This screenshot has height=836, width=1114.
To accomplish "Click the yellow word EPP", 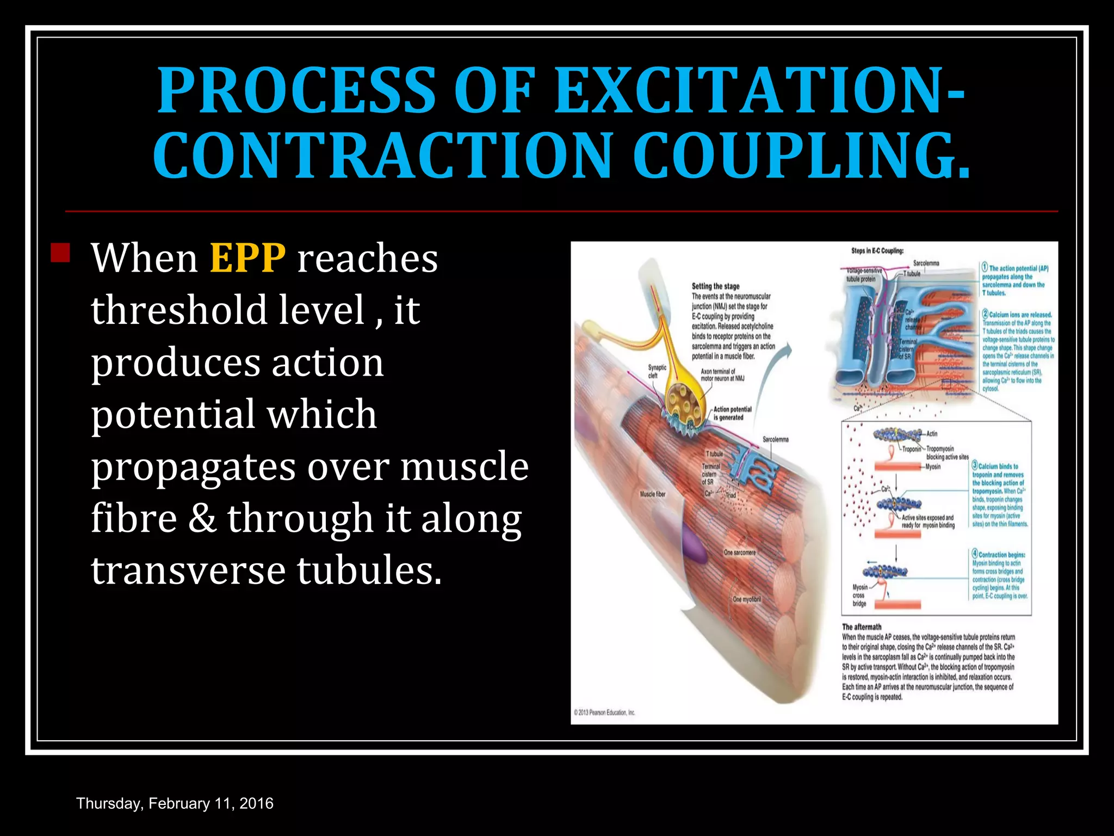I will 247,258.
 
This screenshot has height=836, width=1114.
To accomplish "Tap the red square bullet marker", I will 60,253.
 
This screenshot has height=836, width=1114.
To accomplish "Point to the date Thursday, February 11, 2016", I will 175,803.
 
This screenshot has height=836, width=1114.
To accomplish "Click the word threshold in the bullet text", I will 179,310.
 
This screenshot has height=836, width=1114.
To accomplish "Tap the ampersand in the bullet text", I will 202,518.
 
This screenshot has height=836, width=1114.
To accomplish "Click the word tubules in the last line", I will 369,570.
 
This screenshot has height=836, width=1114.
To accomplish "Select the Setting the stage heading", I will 715,286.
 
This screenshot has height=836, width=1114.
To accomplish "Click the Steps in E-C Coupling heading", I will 877,251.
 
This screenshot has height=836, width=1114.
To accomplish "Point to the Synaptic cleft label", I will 657,371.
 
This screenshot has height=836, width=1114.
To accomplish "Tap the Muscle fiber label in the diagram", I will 652,494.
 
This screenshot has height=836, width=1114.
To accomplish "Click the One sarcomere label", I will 739,552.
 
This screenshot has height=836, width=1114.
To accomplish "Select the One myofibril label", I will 746,599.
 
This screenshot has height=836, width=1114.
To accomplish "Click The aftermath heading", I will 862,627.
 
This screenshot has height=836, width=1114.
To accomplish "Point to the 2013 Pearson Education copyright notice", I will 604,712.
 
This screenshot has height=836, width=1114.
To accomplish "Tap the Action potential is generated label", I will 732,413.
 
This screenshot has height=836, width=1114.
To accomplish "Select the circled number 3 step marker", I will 975,466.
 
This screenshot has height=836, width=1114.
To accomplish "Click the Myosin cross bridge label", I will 859,595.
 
